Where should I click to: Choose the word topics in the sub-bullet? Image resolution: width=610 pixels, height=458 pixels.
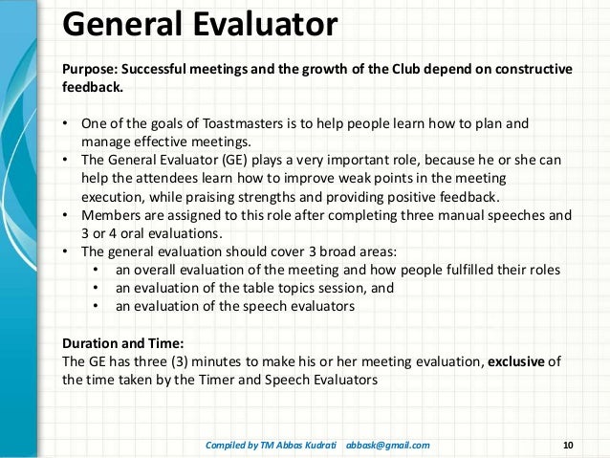point(298,287)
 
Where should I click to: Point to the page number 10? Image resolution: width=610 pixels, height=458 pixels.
point(570,445)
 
